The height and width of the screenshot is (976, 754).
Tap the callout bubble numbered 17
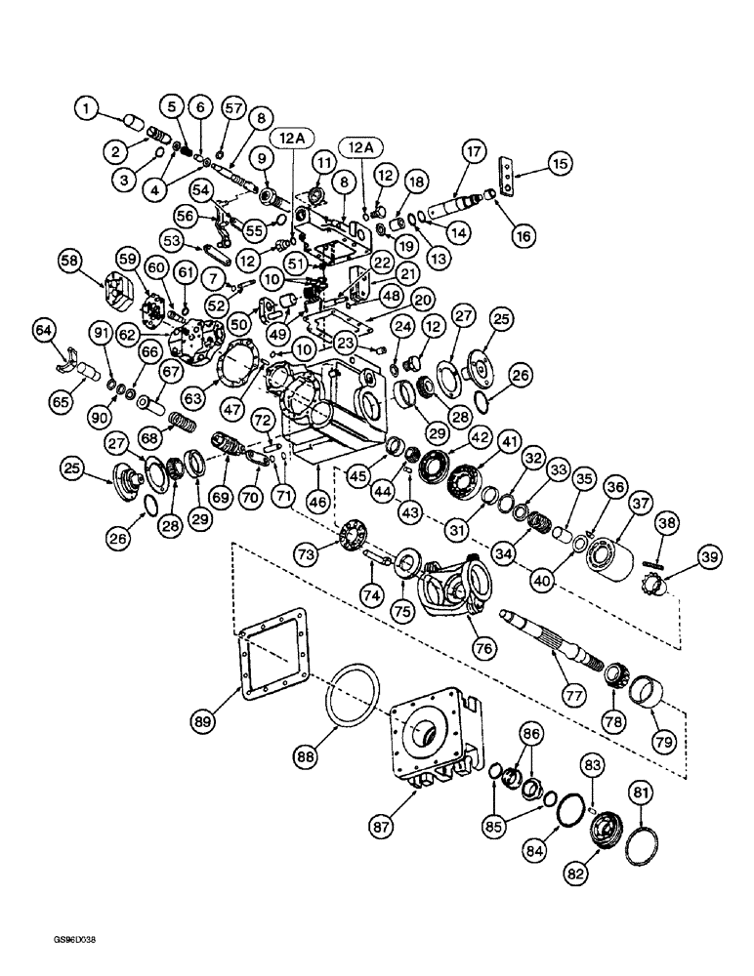pos(475,152)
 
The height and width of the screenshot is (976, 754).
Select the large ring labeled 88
pos(344,704)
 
